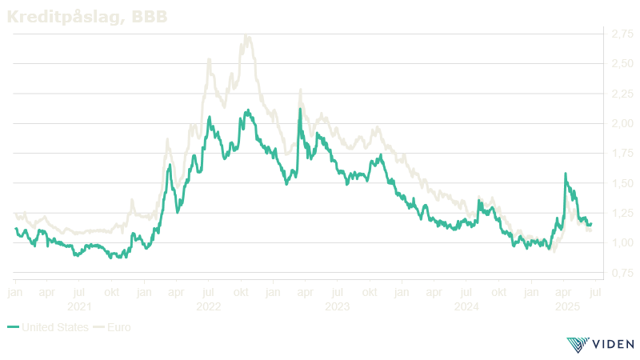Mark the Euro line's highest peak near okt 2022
tap(246, 34)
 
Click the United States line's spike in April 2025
tap(566, 174)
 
